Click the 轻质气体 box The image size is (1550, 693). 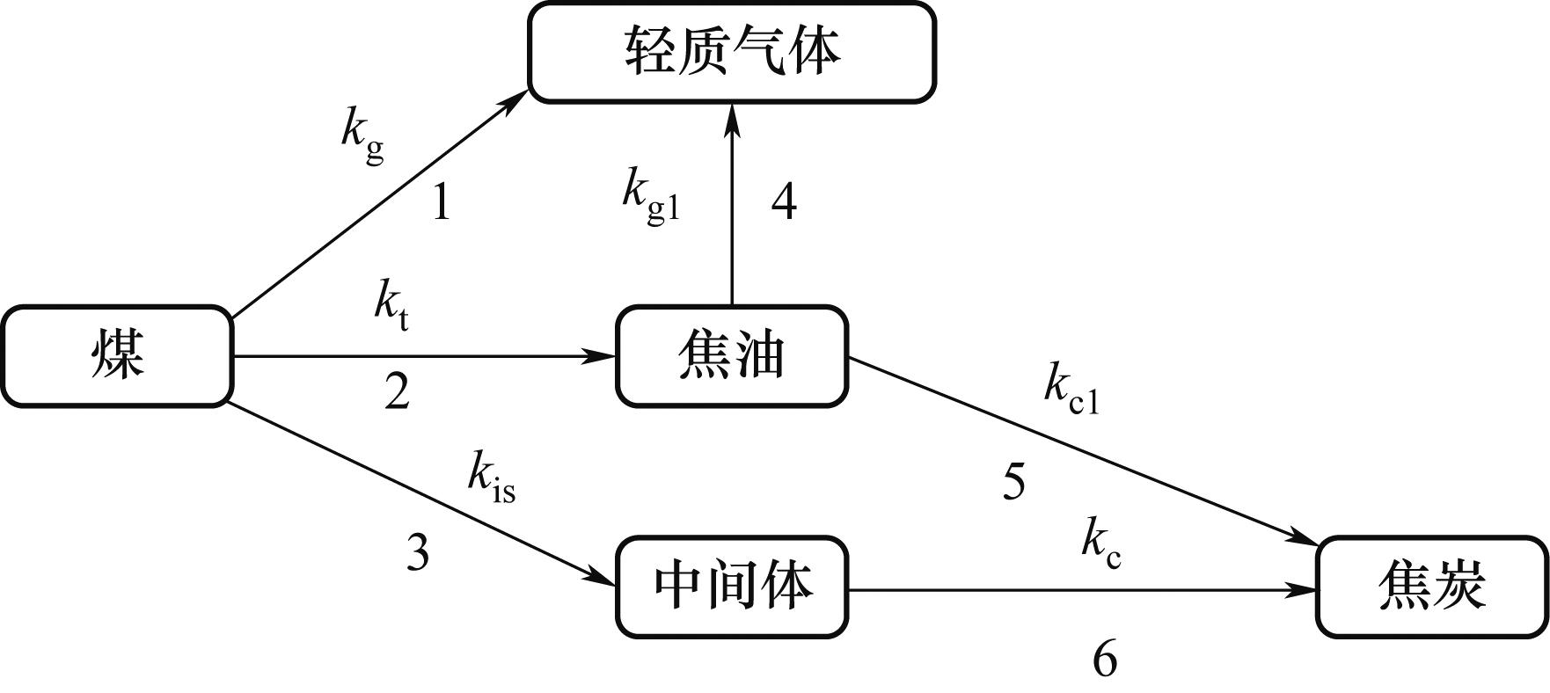(731, 52)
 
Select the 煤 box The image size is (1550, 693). (117, 356)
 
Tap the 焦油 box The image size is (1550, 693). (731, 356)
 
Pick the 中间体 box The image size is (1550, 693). (731, 587)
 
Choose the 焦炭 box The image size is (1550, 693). (1431, 587)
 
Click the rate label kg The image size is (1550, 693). (362, 136)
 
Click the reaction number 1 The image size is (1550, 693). (441, 204)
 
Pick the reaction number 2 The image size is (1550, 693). (397, 392)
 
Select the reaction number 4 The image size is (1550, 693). (784, 202)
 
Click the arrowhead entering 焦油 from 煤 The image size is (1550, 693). (602, 356)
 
